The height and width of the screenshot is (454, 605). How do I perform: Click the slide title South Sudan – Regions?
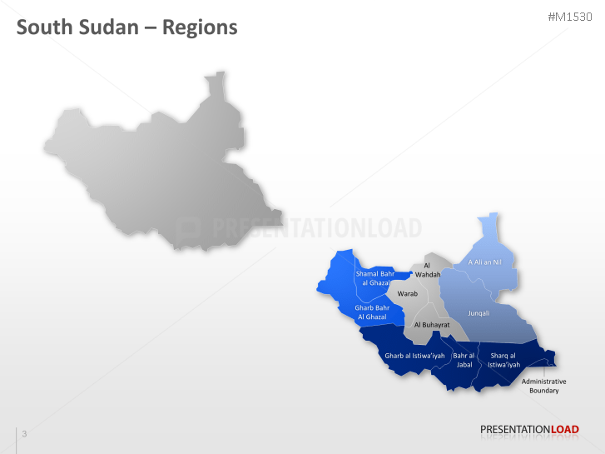click(127, 27)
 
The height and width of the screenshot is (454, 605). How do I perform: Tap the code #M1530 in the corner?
click(570, 17)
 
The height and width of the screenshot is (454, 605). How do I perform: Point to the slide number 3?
click(24, 433)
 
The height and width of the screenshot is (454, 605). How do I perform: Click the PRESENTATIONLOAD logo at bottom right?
click(528, 430)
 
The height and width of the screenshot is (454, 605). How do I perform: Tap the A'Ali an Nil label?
click(484, 262)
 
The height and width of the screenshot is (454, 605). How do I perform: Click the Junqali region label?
click(479, 313)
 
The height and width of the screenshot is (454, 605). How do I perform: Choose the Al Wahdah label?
click(427, 270)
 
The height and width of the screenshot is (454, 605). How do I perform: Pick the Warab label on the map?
click(407, 294)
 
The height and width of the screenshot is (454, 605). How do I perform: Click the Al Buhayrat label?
click(432, 324)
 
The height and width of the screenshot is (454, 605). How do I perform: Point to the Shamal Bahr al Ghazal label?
click(375, 278)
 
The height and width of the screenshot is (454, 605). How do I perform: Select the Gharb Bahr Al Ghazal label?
click(371, 312)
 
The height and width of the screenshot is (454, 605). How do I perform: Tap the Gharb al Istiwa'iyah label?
click(409, 357)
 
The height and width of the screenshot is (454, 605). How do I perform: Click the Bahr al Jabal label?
click(463, 360)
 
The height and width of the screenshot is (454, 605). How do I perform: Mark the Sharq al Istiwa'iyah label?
click(503, 360)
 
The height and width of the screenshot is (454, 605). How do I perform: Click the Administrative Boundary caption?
click(543, 386)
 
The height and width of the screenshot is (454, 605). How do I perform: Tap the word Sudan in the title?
click(104, 27)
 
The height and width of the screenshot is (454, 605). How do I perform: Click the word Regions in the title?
click(200, 27)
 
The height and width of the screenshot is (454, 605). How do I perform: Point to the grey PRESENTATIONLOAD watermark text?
click(316, 228)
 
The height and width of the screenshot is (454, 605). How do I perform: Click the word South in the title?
click(44, 27)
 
